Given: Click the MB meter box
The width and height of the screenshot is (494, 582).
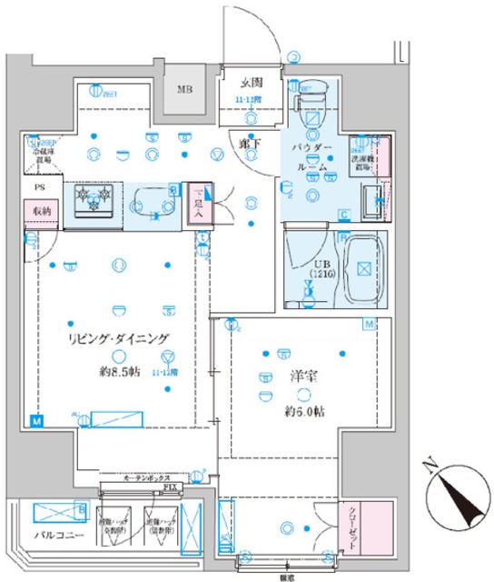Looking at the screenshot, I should point(185,90).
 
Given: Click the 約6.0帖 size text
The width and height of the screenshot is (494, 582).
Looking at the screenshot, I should point(303,411).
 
